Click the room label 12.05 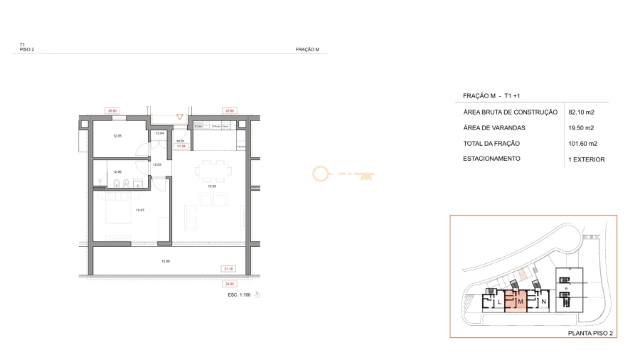coord(118,136)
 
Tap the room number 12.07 coord(140,210)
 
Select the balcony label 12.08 coord(166,261)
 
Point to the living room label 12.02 coord(211,186)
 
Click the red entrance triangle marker coord(180,117)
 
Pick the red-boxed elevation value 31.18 coord(228,269)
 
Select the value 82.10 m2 coord(581,112)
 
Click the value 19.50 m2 coord(581,128)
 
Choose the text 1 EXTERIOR coord(586,159)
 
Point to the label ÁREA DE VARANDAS coord(494,128)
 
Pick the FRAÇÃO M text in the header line coord(306,50)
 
